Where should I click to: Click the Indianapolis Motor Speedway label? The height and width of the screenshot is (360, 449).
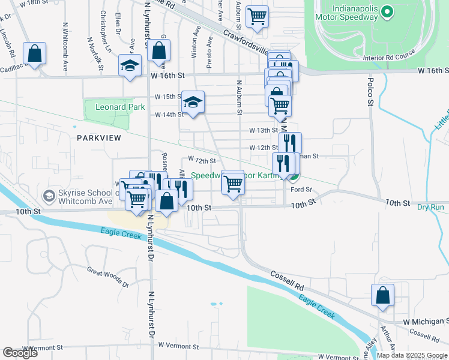tap(346, 12)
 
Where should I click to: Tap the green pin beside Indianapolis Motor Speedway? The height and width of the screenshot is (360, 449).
tap(387, 11)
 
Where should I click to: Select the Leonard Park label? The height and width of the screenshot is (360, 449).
tap(119, 107)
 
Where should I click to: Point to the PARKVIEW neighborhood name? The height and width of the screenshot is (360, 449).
tap(99, 138)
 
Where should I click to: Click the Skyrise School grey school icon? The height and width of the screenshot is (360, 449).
tap(48, 196)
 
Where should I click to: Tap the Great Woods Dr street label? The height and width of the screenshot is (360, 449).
tap(108, 276)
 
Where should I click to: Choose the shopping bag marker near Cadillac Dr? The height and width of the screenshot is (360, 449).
tap(35, 53)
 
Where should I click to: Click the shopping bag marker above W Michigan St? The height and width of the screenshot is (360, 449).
tap(382, 296)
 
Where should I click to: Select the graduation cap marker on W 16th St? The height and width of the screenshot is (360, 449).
tap(129, 67)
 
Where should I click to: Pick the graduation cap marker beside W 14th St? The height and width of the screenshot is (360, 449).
tap(193, 103)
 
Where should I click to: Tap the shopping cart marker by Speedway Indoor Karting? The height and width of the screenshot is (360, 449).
tap(232, 183)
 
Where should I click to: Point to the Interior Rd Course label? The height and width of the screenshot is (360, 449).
tap(390, 58)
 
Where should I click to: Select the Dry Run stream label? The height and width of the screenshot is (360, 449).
tap(430, 207)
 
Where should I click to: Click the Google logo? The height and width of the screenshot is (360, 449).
tap(20, 353)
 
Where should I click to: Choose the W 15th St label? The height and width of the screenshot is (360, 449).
tap(168, 97)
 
